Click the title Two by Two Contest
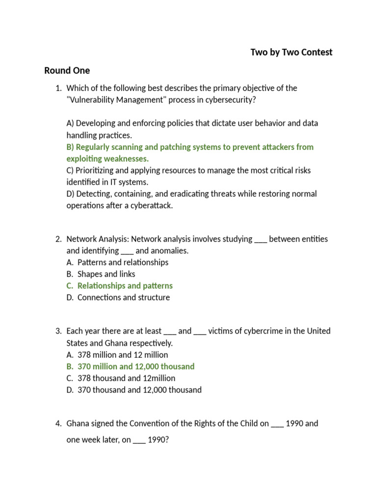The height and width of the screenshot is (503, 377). pyautogui.click(x=291, y=52)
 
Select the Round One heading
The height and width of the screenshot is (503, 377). pyautogui.click(x=67, y=70)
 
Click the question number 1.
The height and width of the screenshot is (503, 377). pyautogui.click(x=58, y=88)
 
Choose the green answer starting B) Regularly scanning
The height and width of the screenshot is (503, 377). pyautogui.click(x=189, y=147)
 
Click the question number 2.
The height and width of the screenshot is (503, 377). pyautogui.click(x=58, y=239)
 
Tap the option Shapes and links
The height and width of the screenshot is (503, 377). pyautogui.click(x=106, y=274)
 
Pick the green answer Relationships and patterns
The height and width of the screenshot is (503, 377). pyautogui.click(x=125, y=286)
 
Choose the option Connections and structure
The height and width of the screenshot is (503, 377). pyautogui.click(x=123, y=298)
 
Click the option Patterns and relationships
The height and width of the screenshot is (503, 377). pyautogui.click(x=123, y=262)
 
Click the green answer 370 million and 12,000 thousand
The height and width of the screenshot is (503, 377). pyautogui.click(x=135, y=366)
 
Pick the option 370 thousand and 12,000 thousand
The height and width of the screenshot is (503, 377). pyautogui.click(x=139, y=390)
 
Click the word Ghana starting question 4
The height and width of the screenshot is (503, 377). pyautogui.click(x=78, y=423)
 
